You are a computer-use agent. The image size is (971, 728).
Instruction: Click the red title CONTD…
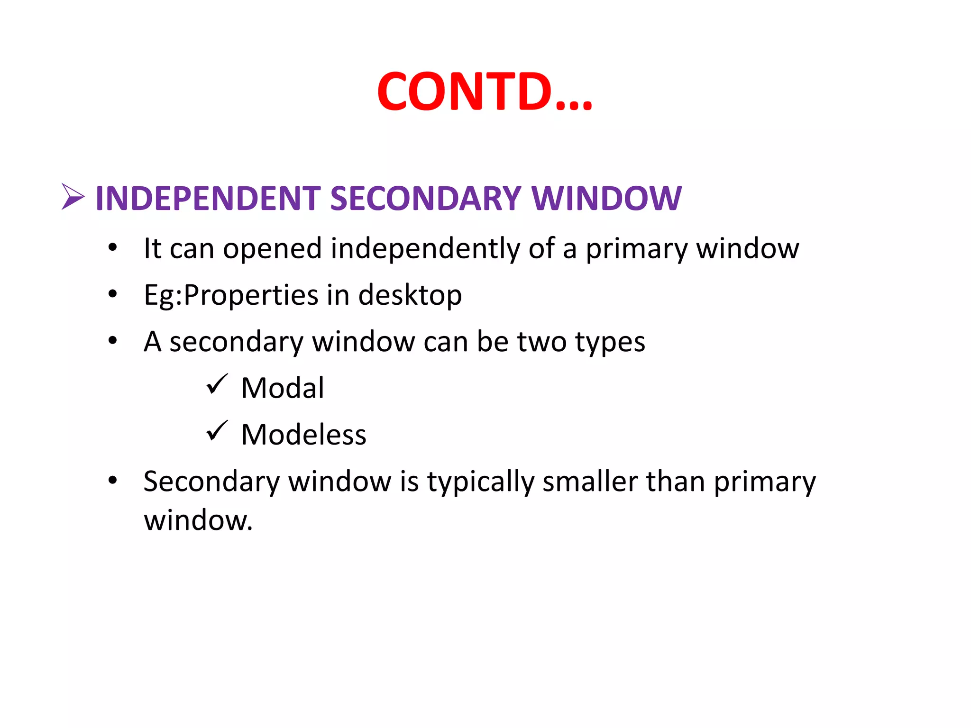[485, 91]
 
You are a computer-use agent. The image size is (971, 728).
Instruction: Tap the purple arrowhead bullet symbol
[73, 197]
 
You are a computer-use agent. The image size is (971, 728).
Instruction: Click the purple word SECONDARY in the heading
[425, 198]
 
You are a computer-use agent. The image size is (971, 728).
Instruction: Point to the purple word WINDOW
[606, 198]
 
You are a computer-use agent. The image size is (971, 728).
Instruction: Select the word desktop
[410, 295]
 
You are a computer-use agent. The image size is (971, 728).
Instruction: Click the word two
[541, 341]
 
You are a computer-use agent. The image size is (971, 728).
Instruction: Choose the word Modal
[283, 388]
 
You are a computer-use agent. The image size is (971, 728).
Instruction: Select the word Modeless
[304, 434]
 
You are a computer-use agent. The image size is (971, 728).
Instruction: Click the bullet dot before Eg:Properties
[112, 294]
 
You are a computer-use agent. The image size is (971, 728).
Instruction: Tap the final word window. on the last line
[198, 520]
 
